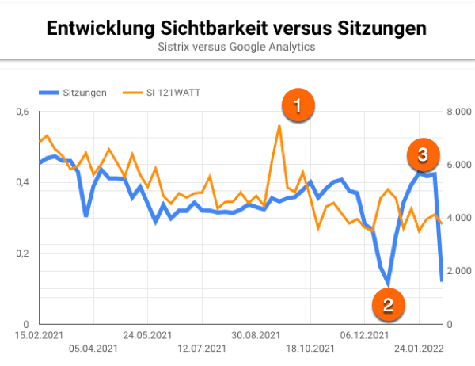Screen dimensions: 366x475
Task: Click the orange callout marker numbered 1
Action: tap(298, 105)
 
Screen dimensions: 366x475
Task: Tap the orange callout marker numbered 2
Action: tap(389, 303)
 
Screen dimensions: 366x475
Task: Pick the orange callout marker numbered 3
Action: tap(423, 154)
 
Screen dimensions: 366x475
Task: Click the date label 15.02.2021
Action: tap(39, 335)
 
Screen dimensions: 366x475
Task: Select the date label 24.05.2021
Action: tap(147, 335)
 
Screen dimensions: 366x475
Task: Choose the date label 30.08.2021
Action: tap(256, 335)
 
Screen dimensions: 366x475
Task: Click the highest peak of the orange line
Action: tap(279, 125)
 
